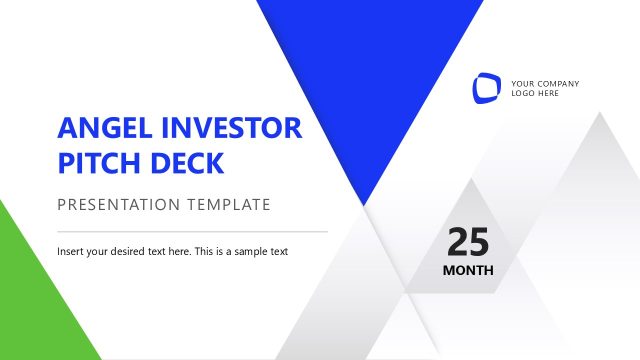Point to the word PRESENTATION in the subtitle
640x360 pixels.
tap(119, 205)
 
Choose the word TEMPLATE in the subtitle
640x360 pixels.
tap(229, 205)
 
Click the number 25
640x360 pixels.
tap(468, 243)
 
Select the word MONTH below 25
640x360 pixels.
tap(468, 270)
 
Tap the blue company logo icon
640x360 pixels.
tap(487, 88)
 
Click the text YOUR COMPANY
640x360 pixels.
tap(545, 83)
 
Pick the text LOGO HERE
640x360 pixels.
tap(535, 93)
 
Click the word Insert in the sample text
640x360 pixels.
tap(70, 251)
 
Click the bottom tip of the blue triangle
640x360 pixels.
tap(367, 203)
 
